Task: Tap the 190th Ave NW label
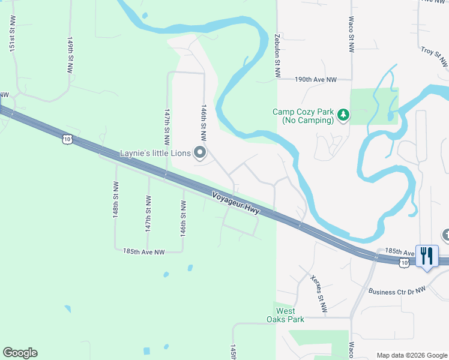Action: [x=315, y=79]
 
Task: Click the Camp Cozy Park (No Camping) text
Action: [x=303, y=116]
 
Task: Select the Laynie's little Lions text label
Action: [x=155, y=154]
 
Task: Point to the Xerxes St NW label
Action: [x=319, y=293]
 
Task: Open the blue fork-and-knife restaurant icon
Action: [x=427, y=256]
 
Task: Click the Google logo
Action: [x=20, y=353]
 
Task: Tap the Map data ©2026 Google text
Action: [x=412, y=355]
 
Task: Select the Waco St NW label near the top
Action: [x=350, y=34]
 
